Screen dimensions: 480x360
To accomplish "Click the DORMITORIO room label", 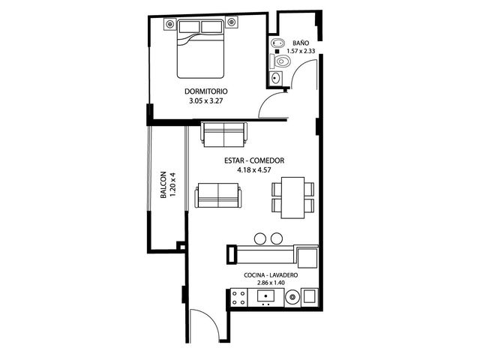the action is [x=206, y=91].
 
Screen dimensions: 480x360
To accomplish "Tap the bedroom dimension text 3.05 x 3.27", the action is [x=205, y=100].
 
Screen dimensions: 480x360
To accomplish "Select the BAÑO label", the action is [x=301, y=43].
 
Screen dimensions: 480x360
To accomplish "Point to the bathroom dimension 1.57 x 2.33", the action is [x=301, y=51].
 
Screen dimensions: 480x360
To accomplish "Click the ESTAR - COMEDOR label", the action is [x=254, y=160].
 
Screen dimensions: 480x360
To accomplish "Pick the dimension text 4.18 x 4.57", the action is [x=254, y=170].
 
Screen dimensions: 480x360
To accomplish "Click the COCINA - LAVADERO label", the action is [x=271, y=275].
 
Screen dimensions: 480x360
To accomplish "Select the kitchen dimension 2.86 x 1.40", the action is [x=271, y=283].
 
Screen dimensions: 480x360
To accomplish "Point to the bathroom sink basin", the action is [x=276, y=78].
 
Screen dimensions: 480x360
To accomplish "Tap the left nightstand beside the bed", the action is [x=170, y=23].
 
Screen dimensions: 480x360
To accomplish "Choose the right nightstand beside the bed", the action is [x=232, y=22].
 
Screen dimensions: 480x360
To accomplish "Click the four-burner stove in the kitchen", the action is [x=238, y=298].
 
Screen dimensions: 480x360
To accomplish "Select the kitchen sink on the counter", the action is [x=265, y=297].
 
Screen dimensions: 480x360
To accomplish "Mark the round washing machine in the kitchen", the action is [x=293, y=297].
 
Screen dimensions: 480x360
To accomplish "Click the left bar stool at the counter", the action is [x=261, y=238].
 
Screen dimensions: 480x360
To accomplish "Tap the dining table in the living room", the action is [x=292, y=197].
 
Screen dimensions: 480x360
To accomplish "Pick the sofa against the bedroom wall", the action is [x=223, y=135].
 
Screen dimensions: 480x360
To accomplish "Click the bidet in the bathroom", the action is [x=277, y=43].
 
